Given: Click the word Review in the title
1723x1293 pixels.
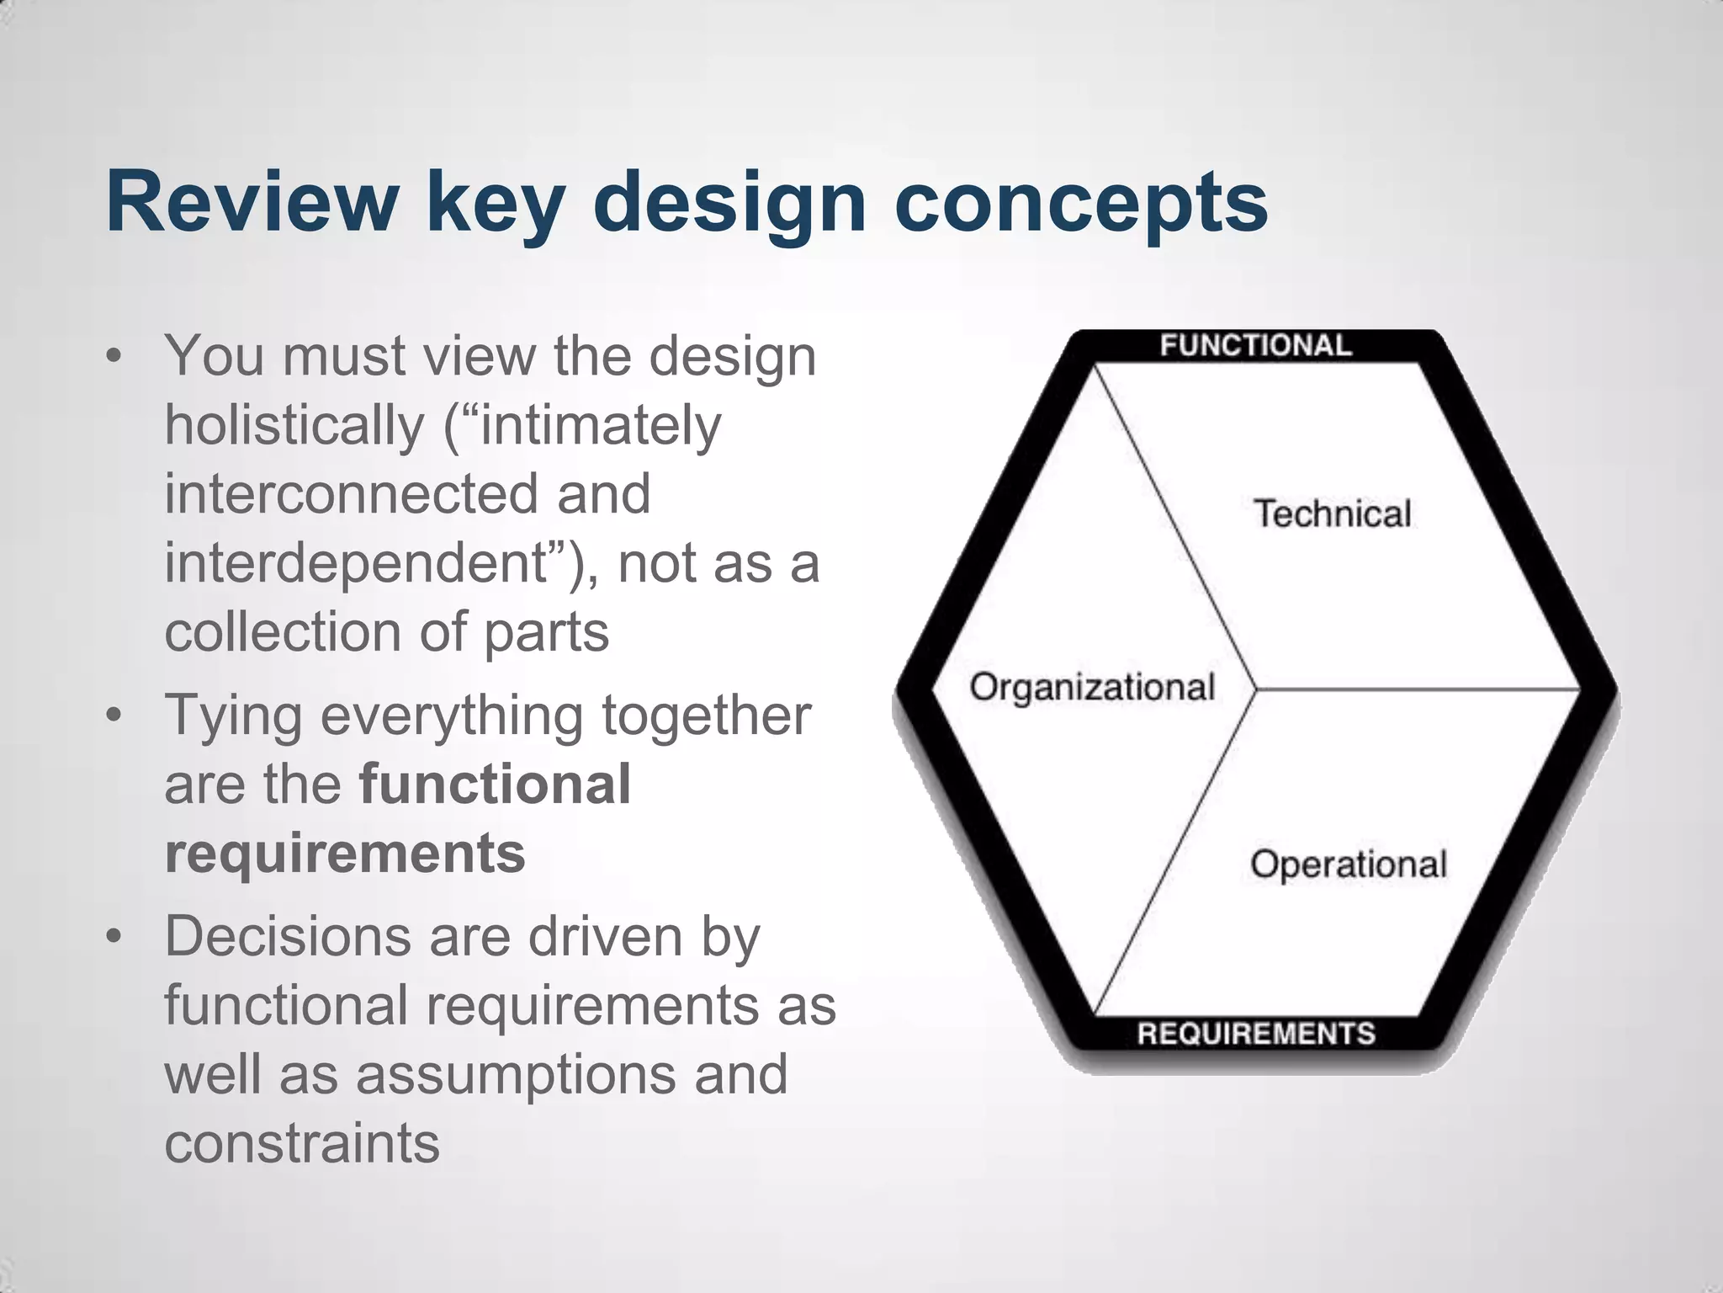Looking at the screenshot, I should [252, 203].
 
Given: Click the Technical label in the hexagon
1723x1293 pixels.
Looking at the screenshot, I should [1332, 514].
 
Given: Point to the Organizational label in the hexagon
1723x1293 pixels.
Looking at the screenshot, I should [1092, 688].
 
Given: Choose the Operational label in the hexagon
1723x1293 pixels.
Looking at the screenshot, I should [1348, 865].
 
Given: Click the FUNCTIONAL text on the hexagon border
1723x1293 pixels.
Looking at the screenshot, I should [1255, 346].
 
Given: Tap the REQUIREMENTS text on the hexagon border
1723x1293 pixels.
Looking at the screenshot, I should [1255, 1033].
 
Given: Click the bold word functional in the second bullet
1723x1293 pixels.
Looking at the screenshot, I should [495, 784].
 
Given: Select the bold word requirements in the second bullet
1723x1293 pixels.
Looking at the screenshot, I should [345, 853].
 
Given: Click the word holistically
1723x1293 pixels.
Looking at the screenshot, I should [294, 425].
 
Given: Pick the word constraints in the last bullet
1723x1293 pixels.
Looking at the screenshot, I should [302, 1144].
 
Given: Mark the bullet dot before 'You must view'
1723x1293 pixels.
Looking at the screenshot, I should [114, 357].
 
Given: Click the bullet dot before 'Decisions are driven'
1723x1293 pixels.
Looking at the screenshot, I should [114, 936].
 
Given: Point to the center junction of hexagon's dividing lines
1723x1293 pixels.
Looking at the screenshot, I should [1255, 690].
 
